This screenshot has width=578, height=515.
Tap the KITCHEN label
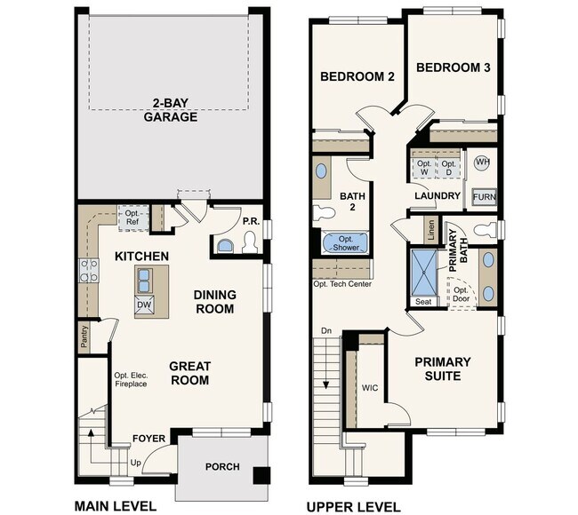click(141, 256)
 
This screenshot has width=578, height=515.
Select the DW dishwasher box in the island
click(144, 304)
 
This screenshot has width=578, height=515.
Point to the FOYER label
click(149, 438)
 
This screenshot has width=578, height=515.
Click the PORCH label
click(222, 466)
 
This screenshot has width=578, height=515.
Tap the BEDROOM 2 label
click(357, 76)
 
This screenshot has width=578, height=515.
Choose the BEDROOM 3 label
click(454, 67)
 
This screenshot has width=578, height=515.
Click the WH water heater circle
click(482, 162)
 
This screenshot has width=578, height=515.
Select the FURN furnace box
click(484, 196)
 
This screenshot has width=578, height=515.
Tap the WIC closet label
click(370, 387)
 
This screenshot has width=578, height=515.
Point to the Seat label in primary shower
click(424, 302)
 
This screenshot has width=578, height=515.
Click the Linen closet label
click(432, 230)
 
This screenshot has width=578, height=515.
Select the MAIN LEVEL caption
click(116, 506)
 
